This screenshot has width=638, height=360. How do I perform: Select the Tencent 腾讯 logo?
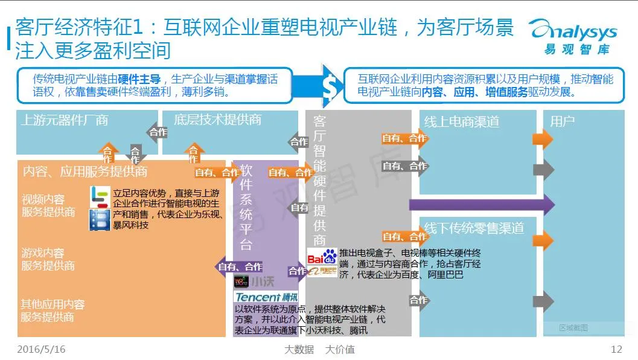pyautogui.click(x=266, y=297)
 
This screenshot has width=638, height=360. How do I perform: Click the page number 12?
pyautogui.click(x=616, y=349)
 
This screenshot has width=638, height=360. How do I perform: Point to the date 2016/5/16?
pyautogui.click(x=41, y=349)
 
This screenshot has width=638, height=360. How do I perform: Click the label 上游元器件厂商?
pyautogui.click(x=65, y=120)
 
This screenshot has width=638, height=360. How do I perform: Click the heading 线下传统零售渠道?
pyautogui.click(x=473, y=228)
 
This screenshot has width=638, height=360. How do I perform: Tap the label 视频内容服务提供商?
pyautogui.click(x=48, y=205)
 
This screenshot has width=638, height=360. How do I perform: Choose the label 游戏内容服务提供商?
pyautogui.click(x=48, y=259)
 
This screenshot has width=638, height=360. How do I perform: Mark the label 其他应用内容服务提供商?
pyautogui.click(x=53, y=310)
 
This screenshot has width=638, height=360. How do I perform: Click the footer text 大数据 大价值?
pyautogui.click(x=319, y=349)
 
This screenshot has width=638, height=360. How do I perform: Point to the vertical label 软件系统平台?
pyautogui.click(x=246, y=206)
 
